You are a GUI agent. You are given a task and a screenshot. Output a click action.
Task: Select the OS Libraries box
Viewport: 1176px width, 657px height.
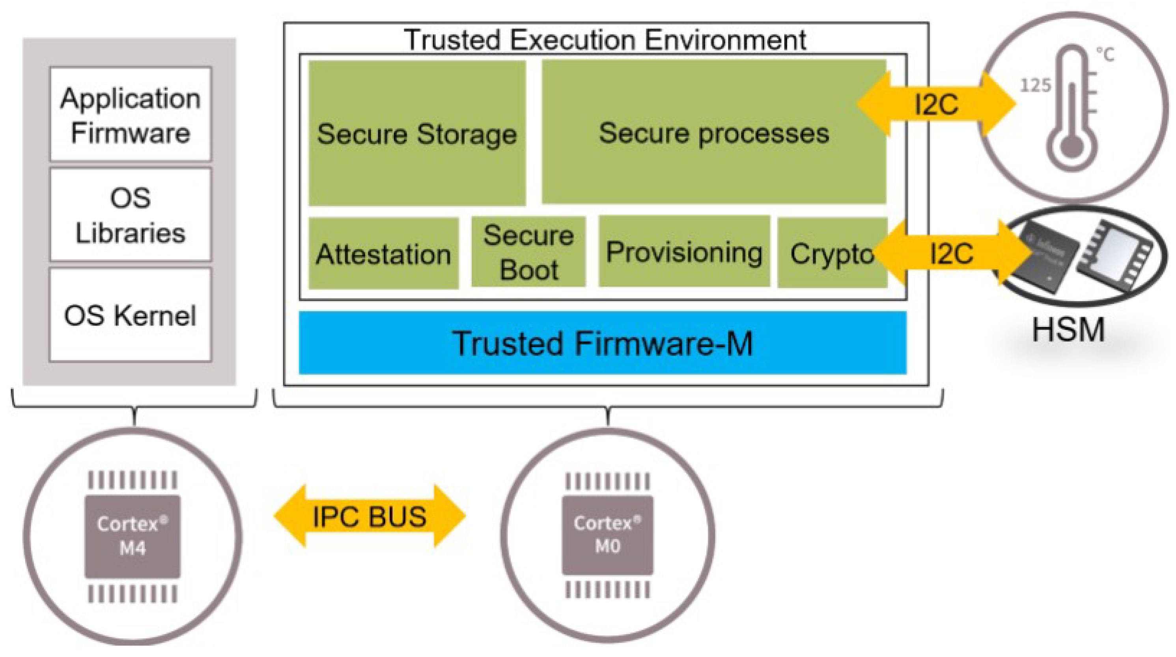[x=131, y=215]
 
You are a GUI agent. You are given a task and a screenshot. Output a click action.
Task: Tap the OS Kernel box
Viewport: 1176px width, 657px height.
[x=131, y=315]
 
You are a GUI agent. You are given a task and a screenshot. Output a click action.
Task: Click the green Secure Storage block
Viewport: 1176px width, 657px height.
[x=417, y=133]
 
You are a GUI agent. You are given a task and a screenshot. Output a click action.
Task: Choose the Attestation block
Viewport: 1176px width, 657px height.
[x=383, y=254]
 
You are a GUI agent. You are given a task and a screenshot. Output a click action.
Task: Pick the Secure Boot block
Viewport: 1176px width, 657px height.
[x=528, y=252]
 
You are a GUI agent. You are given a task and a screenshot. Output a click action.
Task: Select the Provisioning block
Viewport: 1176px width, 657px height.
[x=684, y=252]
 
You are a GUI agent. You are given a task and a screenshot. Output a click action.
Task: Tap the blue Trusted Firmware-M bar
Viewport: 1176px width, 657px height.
[x=602, y=343]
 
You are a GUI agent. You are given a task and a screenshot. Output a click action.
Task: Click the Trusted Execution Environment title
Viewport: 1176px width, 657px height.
[x=605, y=40]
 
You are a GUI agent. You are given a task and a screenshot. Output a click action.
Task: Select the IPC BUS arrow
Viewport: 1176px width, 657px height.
[x=370, y=516]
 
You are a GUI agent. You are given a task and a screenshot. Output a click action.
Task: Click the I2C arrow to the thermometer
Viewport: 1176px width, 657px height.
[x=936, y=104]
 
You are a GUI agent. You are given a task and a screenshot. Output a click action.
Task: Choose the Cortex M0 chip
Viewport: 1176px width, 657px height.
[x=607, y=535]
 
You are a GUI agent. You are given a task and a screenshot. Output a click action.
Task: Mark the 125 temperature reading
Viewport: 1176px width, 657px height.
[x=1035, y=85]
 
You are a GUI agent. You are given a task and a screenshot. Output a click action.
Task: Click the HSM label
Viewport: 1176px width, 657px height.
[x=1068, y=329]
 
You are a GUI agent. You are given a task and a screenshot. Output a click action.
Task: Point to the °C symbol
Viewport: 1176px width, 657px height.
[x=1106, y=55]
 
